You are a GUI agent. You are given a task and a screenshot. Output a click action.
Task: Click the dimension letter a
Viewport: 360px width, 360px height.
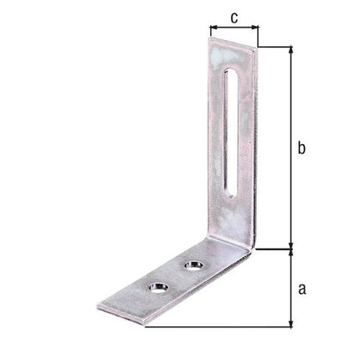click(x=303, y=289)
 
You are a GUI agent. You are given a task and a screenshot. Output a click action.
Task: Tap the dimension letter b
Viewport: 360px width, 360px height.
click(x=303, y=148)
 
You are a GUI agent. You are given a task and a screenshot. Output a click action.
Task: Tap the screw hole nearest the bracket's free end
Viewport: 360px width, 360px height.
click(x=157, y=288)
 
